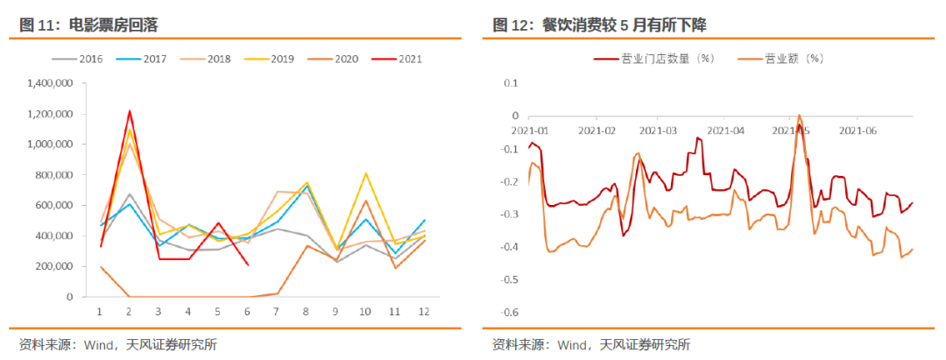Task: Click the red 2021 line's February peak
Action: pyautogui.click(x=130, y=111)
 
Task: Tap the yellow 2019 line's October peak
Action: pyautogui.click(x=364, y=173)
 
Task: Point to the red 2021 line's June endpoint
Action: pyautogui.click(x=249, y=265)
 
